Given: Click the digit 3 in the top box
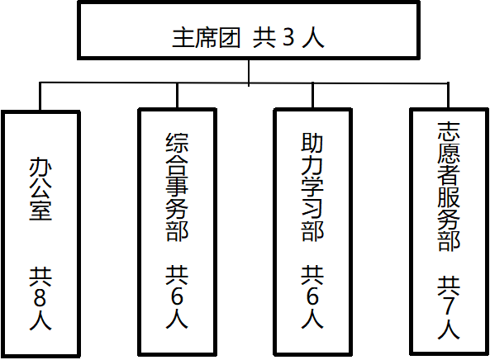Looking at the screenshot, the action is (x=288, y=38).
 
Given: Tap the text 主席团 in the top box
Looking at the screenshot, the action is (x=207, y=38).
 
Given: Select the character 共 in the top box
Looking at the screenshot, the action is (x=264, y=38).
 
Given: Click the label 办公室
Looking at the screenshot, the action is (x=40, y=189).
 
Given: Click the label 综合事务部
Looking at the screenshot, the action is (x=177, y=187).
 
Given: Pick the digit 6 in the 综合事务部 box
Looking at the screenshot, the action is (x=177, y=296).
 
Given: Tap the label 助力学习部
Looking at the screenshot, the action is (x=312, y=187).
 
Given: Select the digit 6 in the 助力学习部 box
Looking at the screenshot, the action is (x=312, y=296).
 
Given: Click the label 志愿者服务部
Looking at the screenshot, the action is (x=449, y=187).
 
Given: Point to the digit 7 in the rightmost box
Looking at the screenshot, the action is (x=449, y=306).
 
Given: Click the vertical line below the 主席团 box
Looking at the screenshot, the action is (x=249, y=72).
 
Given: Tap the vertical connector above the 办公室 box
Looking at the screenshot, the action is (x=40, y=96).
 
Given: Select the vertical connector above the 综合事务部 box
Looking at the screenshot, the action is (x=177, y=95).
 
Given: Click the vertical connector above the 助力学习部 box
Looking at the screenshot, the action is (x=312, y=95).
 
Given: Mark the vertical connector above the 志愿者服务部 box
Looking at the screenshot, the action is (x=449, y=95).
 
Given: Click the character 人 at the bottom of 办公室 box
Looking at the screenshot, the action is (x=40, y=320).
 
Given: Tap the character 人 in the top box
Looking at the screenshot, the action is (x=313, y=38).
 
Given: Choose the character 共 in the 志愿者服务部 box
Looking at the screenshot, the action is (x=449, y=286).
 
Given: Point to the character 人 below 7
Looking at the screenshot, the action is (x=449, y=329).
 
